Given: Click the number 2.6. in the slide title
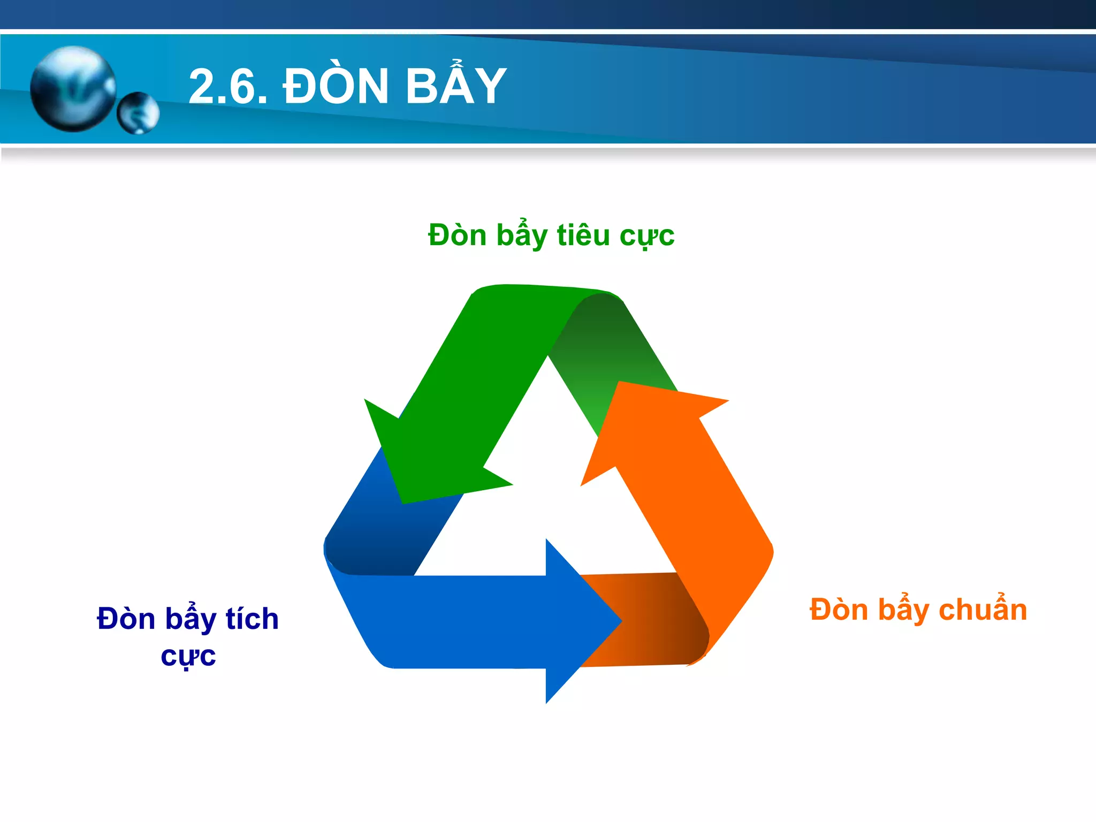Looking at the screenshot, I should click(228, 87).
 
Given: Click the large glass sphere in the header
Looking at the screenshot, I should click(73, 89).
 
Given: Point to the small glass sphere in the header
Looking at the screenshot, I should click(138, 113).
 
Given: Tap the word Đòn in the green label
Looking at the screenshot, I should click(457, 235).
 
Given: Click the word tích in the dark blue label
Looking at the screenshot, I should click(252, 619).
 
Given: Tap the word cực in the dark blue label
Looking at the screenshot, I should click(188, 656).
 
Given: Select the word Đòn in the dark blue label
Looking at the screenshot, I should click(126, 619).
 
